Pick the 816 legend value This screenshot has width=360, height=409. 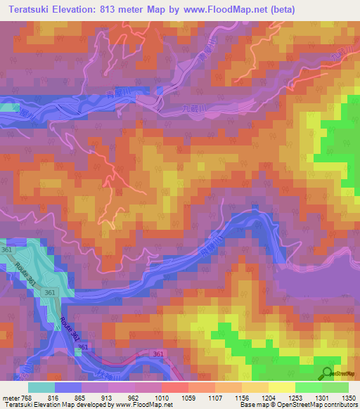click(x=56, y=398)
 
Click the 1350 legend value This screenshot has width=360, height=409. click(x=348, y=398)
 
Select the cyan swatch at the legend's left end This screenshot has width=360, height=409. click(x=41, y=387)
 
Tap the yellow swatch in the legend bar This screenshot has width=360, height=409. click(x=282, y=387)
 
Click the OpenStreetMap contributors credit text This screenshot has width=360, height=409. click(x=319, y=405)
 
